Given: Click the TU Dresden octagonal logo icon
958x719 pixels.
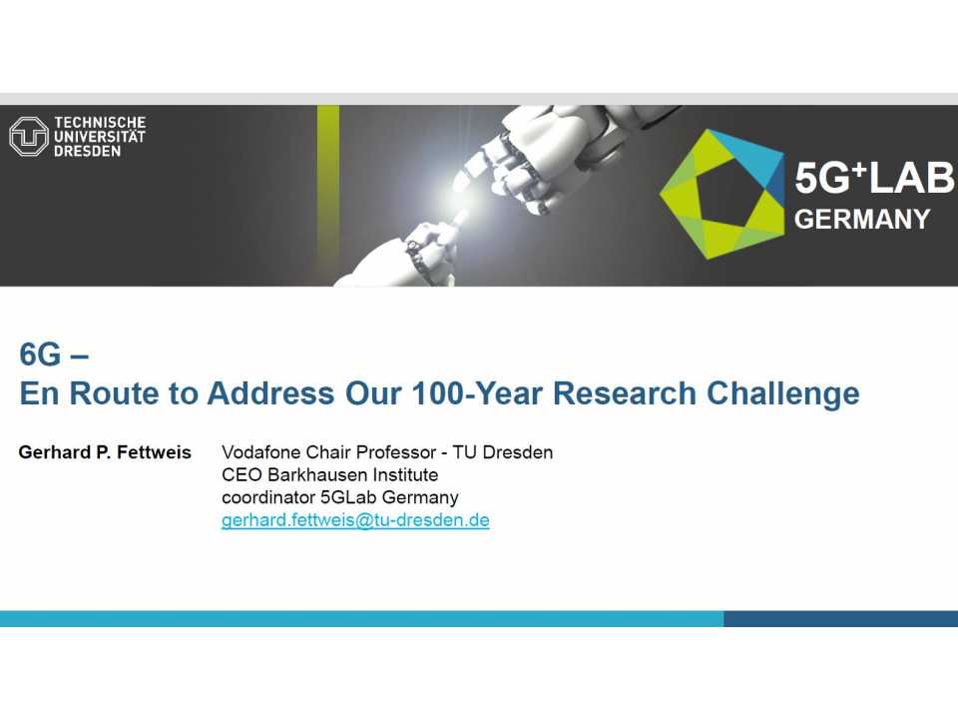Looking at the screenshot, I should pos(28,137).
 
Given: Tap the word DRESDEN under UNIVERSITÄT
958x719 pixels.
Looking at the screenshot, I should pos(88,151).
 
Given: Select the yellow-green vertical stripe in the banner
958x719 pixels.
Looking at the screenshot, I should pos(328,195).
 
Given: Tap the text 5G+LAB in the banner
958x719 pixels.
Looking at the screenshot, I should pos(873,180).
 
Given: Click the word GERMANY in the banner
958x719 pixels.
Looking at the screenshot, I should pos(862,220).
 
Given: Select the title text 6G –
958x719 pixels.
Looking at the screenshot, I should pos(55,355).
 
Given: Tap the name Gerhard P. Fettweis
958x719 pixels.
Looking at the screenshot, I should pos(105,452).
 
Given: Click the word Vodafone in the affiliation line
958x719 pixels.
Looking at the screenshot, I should pos(262,452).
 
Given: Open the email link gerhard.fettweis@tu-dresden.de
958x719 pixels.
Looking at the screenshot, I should pos(355,520).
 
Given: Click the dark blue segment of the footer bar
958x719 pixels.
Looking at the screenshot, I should pos(840,619).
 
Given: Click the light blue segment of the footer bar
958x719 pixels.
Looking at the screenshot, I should pos(359,619).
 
